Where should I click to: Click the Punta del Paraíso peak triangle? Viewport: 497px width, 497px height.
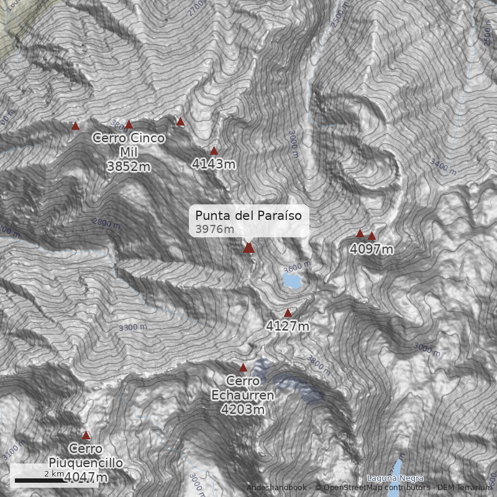point(248,248)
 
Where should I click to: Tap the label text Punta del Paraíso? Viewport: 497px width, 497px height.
point(248,216)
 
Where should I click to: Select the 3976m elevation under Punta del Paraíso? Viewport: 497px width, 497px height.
point(214,230)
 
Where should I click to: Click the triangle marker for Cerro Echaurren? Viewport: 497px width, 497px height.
point(243,367)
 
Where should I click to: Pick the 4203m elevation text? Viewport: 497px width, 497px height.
point(242,409)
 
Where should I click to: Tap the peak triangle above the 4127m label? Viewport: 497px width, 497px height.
point(288,312)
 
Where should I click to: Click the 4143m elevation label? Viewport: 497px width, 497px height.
point(214,164)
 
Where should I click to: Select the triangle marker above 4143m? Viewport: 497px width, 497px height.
point(214,150)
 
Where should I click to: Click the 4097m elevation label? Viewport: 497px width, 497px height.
point(372,250)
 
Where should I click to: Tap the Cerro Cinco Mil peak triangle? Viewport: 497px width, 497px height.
point(129,125)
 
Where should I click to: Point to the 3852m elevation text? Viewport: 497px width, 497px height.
point(129,166)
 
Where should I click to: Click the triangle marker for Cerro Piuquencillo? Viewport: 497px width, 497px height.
point(86,435)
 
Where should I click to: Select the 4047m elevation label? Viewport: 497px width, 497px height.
point(86,478)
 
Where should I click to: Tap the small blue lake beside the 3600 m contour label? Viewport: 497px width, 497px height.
point(291,281)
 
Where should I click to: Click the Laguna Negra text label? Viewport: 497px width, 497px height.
point(395,478)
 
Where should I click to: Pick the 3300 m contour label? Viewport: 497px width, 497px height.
point(133,327)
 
